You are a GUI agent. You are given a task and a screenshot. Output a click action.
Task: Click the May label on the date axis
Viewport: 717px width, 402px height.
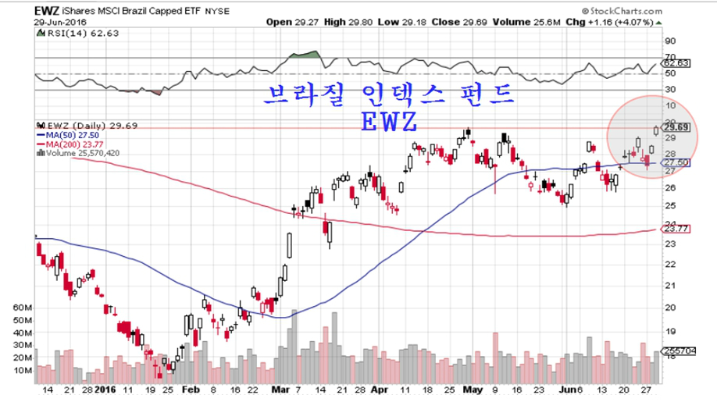click(x=470, y=388)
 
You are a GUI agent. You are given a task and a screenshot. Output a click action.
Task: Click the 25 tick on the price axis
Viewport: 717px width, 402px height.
click(x=669, y=205)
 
